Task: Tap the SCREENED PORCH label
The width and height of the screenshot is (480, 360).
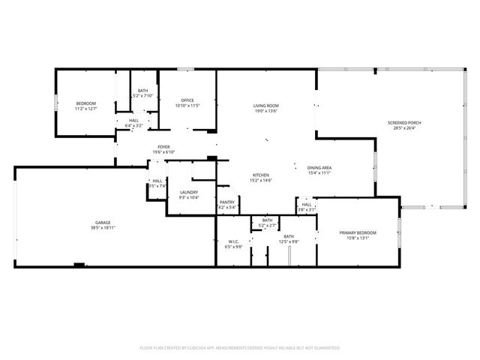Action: pyautogui.click(x=404, y=122)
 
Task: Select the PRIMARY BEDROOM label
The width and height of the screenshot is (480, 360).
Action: pyautogui.click(x=358, y=232)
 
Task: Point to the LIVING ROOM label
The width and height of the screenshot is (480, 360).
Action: pyautogui.click(x=265, y=106)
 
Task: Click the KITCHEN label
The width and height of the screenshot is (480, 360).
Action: pyautogui.click(x=260, y=175)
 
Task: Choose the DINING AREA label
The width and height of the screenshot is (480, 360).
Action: pyautogui.click(x=319, y=167)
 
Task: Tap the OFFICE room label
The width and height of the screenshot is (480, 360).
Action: pyautogui.click(x=187, y=100)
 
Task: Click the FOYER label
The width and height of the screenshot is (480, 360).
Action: pyautogui.click(x=164, y=147)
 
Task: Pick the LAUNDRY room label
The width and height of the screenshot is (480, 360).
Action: pyautogui.click(x=189, y=193)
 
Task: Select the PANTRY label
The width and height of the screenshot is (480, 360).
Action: pyautogui.click(x=227, y=202)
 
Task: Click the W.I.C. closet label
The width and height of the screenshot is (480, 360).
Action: pyautogui.click(x=235, y=241)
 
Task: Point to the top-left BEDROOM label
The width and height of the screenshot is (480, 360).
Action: pyautogui.click(x=86, y=103)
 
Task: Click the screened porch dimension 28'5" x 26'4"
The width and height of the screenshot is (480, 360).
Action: pyautogui.click(x=404, y=127)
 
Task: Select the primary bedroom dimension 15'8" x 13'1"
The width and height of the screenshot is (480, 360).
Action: pyautogui.click(x=358, y=238)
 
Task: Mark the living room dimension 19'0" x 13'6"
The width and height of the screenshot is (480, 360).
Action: pyautogui.click(x=265, y=111)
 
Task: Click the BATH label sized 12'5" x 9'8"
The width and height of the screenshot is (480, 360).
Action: pyautogui.click(x=289, y=236)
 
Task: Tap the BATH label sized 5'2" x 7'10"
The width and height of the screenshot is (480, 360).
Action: pyautogui.click(x=142, y=91)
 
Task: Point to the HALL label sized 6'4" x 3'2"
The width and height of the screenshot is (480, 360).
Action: pyautogui.click(x=133, y=120)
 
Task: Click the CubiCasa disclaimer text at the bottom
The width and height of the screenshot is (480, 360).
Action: pyautogui.click(x=240, y=348)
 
